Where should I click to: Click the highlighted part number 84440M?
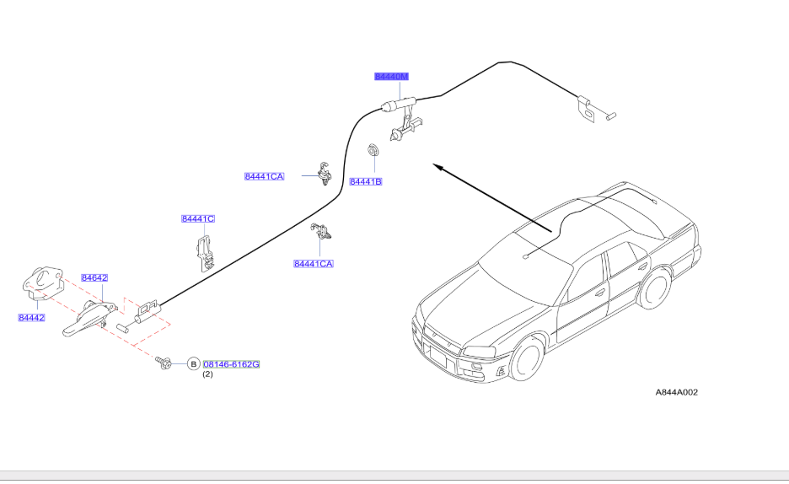pyautogui.click(x=391, y=77)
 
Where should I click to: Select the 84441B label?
pyautogui.click(x=366, y=181)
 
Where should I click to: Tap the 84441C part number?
pyautogui.click(x=198, y=219)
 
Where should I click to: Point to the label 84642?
pyautogui.click(x=94, y=277)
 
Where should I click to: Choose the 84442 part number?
pyautogui.click(x=31, y=318)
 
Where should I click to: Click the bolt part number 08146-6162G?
pyautogui.click(x=231, y=364)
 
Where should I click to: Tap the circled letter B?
pyautogui.click(x=193, y=364)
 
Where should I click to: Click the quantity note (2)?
pyautogui.click(x=207, y=375)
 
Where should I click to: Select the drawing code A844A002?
pyautogui.click(x=677, y=392)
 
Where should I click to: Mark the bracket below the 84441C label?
pyautogui.click(x=203, y=251)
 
